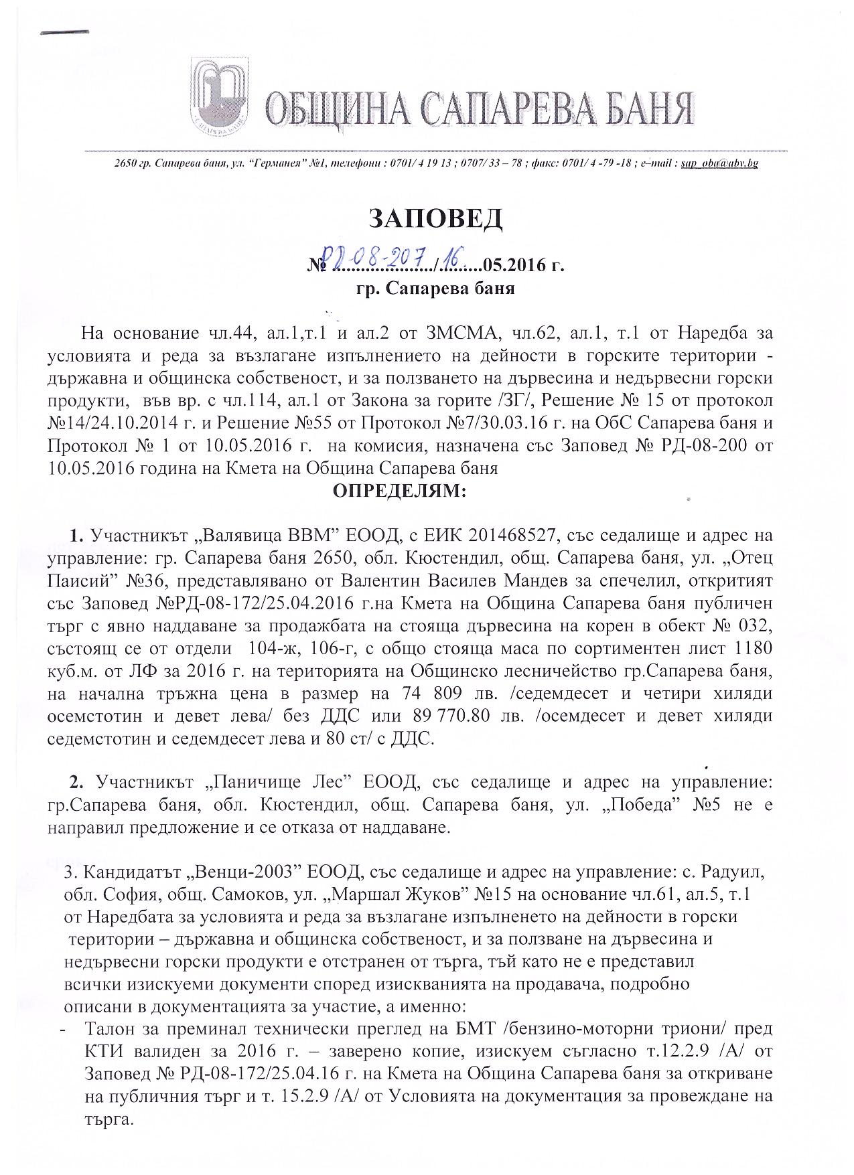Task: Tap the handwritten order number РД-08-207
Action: click(378, 256)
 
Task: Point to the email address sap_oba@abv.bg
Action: click(719, 163)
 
